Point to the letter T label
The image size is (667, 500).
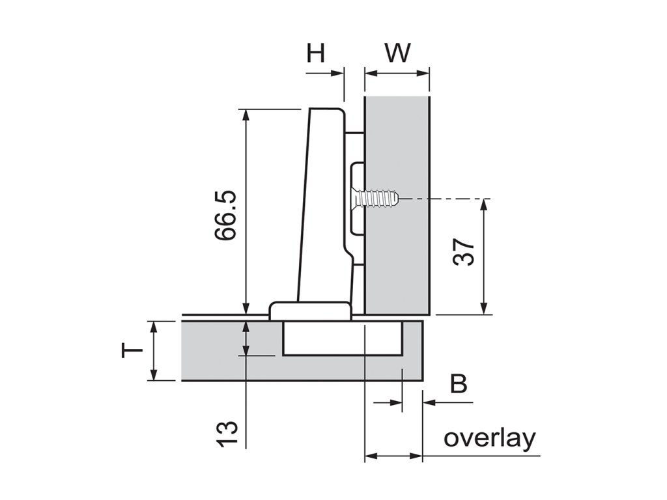coord(132,352)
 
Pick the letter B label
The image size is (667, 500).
coord(459,384)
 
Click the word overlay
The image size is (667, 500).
coord(490,438)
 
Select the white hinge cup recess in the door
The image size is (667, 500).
coord(343,339)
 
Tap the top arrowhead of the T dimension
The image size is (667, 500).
coord(154,326)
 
